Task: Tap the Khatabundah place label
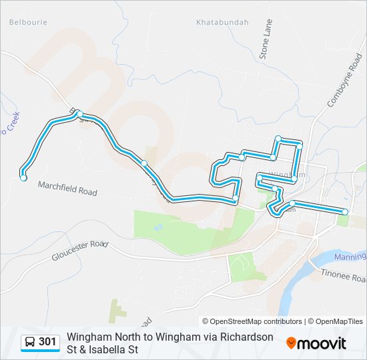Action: point(222,22)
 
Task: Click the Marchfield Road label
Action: point(67,188)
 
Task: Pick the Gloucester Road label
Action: point(80,250)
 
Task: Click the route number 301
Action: point(47,342)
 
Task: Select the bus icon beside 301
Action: point(30,342)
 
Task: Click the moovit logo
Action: point(316,343)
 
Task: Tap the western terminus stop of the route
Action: point(23,177)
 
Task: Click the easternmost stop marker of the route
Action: point(345,212)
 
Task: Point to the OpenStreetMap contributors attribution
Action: point(252,321)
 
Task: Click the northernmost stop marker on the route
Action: point(278,138)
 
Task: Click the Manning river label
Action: point(351,256)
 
